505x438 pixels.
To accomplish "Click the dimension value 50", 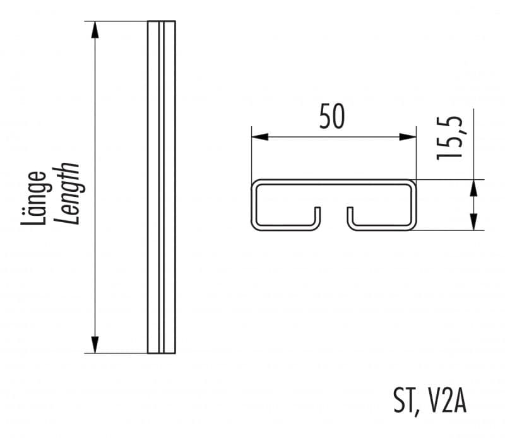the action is (x=332, y=116).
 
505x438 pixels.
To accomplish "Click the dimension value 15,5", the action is (x=449, y=138).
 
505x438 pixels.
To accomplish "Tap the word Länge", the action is (x=34, y=198).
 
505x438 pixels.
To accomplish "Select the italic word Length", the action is (x=66, y=193).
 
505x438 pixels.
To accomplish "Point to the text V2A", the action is (x=448, y=400).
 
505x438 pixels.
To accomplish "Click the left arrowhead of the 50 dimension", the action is (x=260, y=137).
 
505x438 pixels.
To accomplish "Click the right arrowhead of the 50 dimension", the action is (x=408, y=137).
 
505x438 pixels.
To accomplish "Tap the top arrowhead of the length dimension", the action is (x=95, y=30).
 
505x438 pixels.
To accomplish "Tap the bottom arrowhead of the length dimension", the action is (x=95, y=345).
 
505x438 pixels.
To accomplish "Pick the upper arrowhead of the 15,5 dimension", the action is (x=473, y=188).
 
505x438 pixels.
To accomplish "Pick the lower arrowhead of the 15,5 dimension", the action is (x=473, y=222).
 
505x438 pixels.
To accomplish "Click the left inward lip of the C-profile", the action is (x=318, y=216).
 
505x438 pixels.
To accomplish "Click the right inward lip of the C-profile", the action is (x=350, y=216).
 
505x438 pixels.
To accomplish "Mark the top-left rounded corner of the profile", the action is (x=255, y=183).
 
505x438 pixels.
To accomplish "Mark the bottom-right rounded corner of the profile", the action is (x=412, y=227).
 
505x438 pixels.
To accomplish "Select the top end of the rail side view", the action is (x=162, y=21).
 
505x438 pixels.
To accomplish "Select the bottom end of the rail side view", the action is (x=162, y=353).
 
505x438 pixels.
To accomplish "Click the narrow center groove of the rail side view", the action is (x=162, y=187).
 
